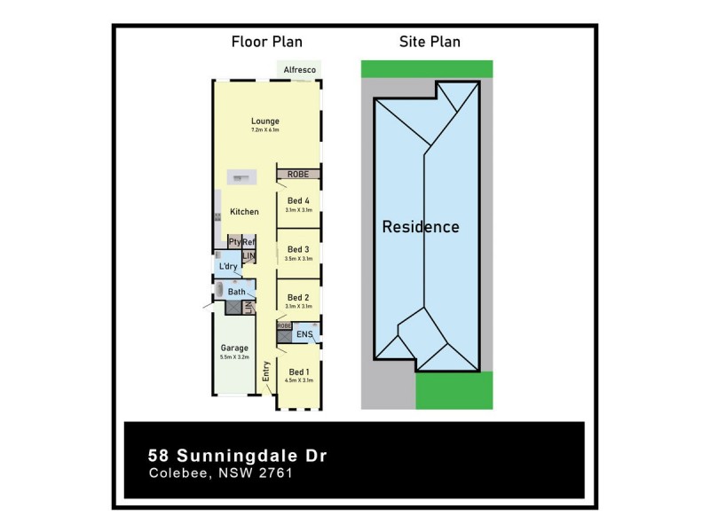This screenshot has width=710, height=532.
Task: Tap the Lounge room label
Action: point(264,121)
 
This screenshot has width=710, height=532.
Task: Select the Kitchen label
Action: point(244,212)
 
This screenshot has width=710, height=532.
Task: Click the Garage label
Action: point(234,348)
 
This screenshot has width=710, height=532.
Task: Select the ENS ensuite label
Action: point(303,334)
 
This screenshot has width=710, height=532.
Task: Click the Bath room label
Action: point(237,292)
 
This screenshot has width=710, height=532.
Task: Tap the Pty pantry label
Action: point(234,242)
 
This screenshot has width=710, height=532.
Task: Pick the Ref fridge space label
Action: point(248,242)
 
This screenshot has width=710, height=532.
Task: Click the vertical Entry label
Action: point(265,371)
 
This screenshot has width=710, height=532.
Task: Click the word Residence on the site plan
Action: point(421,227)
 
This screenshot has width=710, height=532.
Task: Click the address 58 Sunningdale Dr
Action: point(237,456)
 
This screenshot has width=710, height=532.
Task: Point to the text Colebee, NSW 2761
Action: point(220,473)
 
